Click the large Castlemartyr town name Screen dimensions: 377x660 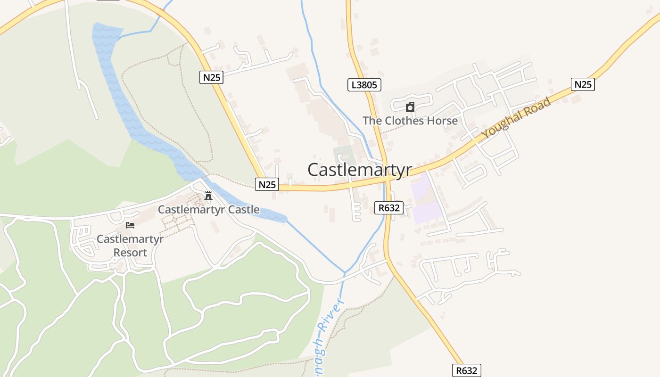360,170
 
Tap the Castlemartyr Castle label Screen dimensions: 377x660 208,209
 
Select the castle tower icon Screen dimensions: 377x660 208,195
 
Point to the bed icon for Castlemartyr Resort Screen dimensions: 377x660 130,225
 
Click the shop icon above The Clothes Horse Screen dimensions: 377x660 410,107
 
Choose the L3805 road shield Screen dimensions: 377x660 364,85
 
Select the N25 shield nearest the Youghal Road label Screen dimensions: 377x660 583,84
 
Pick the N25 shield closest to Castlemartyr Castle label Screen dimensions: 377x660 267,184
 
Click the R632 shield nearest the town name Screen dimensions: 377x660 389,208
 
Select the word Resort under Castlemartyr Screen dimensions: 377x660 130,253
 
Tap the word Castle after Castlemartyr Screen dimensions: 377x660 242,209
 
